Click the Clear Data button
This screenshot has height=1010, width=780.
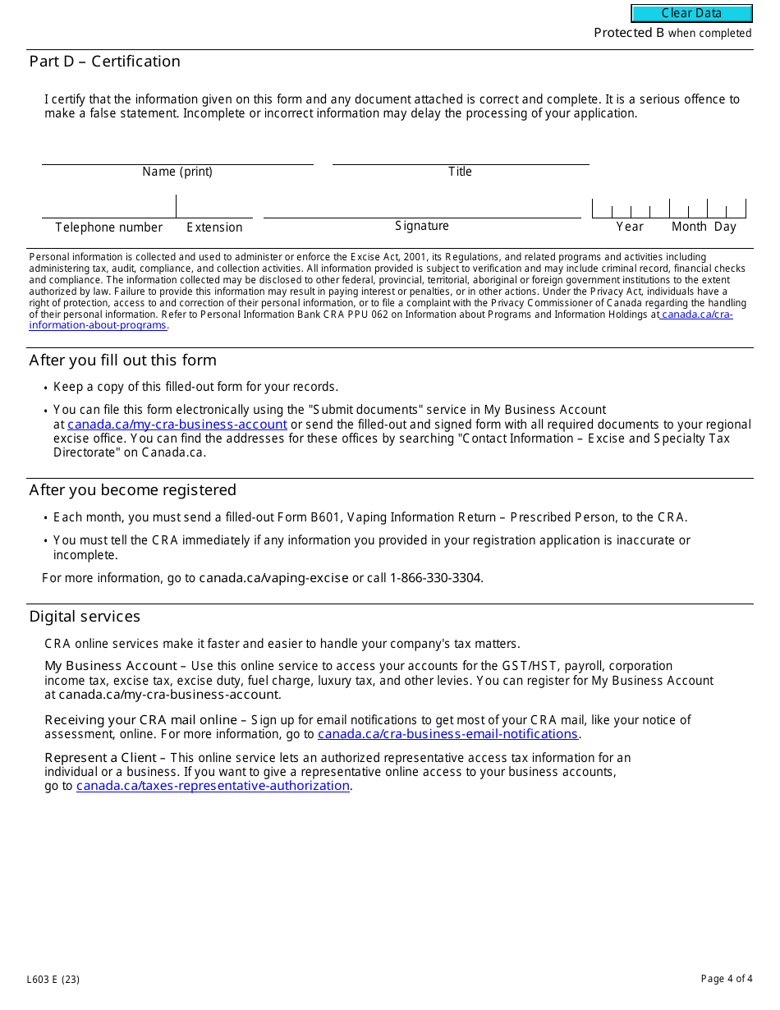click(x=691, y=13)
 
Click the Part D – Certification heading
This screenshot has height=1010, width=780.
click(x=104, y=62)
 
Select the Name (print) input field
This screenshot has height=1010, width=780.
click(x=177, y=154)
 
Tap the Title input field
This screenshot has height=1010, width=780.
click(x=460, y=154)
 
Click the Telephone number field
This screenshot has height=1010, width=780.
click(x=108, y=207)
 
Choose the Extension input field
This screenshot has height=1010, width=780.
click(x=213, y=207)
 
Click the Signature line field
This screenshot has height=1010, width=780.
click(x=421, y=207)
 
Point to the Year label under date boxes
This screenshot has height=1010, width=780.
click(x=630, y=227)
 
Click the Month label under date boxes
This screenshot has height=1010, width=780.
click(x=689, y=227)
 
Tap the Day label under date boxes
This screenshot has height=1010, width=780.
click(x=725, y=227)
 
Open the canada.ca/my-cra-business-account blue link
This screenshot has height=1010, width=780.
click(x=177, y=425)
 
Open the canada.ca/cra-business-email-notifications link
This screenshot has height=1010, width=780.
click(x=447, y=734)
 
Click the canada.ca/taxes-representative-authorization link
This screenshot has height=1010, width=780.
click(x=213, y=786)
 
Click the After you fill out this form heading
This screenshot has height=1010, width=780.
click(x=122, y=360)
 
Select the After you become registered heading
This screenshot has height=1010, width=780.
click(x=132, y=490)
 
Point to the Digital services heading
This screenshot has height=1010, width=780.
click(x=85, y=617)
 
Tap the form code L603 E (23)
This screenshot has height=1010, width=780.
click(x=53, y=979)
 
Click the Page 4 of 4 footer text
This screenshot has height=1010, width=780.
click(x=726, y=979)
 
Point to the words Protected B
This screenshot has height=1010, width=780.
click(x=629, y=33)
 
